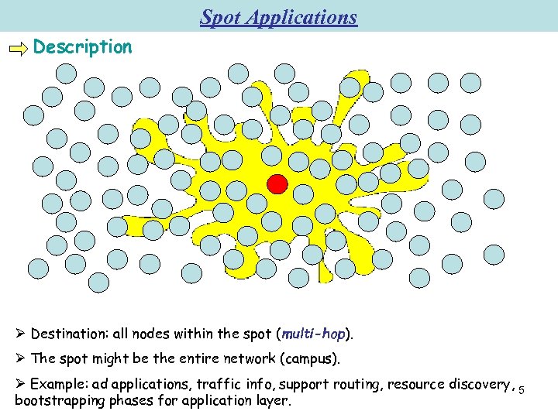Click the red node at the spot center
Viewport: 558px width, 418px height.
277,184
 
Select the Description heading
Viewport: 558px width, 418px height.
83,47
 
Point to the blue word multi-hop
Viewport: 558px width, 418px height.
313,334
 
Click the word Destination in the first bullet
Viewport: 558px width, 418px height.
67,334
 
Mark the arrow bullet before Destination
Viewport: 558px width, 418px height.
20,334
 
